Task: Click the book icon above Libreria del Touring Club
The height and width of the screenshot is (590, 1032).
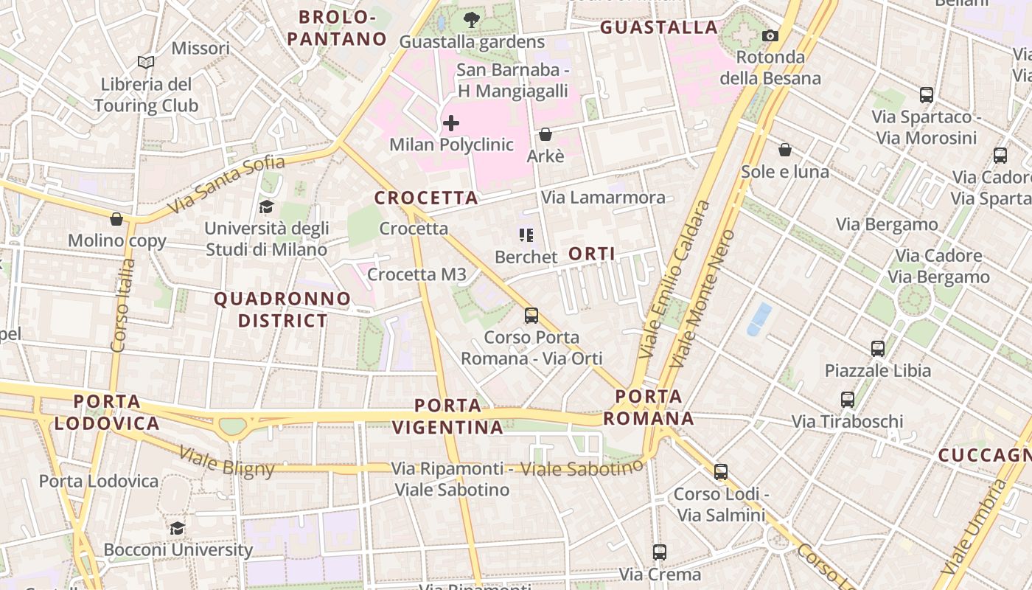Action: coord(146,63)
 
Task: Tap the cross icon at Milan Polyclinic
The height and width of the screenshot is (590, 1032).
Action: coord(451,123)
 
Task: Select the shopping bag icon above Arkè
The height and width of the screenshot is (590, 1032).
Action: coord(545,134)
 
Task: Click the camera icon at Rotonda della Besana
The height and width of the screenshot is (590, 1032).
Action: coord(770,35)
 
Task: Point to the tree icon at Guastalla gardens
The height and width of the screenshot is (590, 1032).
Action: coord(471,20)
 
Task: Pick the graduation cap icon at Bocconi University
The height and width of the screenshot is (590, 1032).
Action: coord(177,528)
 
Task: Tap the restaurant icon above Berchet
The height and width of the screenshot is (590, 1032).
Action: coord(526,235)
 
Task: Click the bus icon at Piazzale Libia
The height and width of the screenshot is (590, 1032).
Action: coord(877,348)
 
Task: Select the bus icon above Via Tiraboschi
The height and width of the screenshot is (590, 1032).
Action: coord(848,400)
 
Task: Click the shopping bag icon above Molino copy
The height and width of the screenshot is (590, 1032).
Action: coord(116,219)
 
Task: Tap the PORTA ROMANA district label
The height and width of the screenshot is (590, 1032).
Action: coord(649,407)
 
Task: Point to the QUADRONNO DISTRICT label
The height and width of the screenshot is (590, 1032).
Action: coord(282,310)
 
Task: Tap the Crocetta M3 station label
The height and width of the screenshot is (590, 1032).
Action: coord(416,274)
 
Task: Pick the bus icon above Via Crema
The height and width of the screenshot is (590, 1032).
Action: coord(660,552)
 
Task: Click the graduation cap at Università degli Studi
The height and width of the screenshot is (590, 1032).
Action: coord(266,207)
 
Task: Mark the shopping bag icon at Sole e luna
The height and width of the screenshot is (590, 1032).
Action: coord(785,150)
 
